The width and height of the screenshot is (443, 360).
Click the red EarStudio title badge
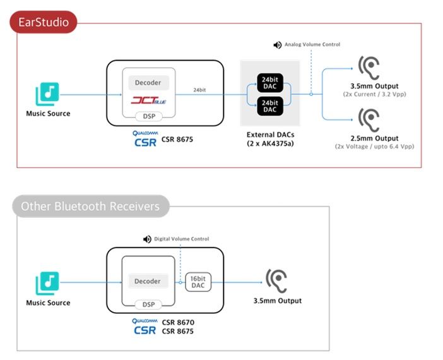(43, 22)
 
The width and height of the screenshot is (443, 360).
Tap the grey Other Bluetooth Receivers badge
(91, 206)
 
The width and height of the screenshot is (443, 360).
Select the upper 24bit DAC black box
(270, 83)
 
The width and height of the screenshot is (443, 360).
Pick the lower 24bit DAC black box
(270, 106)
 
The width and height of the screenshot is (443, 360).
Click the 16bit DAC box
(198, 282)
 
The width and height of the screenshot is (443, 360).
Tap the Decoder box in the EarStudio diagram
(148, 83)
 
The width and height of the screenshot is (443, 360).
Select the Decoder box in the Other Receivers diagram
(148, 281)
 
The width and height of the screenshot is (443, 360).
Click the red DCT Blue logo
(148, 100)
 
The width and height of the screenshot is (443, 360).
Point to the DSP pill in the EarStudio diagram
(149, 116)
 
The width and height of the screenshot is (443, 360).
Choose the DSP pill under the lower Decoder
(148, 304)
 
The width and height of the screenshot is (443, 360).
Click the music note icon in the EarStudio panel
(47, 94)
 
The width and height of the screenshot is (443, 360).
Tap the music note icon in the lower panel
(47, 284)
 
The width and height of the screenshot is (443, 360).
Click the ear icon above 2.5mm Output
(369, 120)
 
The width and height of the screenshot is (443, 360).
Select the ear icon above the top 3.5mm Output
(369, 68)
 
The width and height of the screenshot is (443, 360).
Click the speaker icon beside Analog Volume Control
(278, 45)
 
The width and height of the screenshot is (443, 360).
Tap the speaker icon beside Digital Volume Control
(147, 239)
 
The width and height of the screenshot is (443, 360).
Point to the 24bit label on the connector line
(199, 90)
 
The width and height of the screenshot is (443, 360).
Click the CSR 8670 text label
(178, 322)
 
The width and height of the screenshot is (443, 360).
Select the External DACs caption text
(270, 139)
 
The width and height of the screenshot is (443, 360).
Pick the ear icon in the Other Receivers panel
(276, 281)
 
